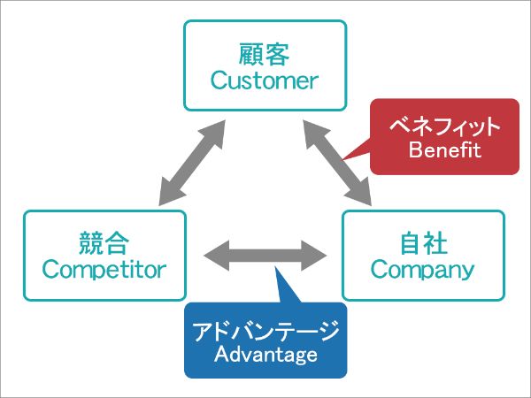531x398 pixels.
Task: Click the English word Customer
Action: tap(265, 80)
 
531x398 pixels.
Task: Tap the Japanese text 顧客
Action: tap(264, 54)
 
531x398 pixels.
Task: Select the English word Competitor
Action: tap(104, 270)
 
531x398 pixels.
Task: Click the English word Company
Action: tap(423, 270)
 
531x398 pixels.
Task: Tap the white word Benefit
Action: tap(445, 149)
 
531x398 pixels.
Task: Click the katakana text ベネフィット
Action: tap(444, 126)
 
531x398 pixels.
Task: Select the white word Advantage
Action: tap(265, 355)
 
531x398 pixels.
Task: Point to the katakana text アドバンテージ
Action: tap(265, 330)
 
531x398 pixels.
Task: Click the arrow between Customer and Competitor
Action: tap(192, 163)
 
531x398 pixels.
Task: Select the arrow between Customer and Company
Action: tap(337, 163)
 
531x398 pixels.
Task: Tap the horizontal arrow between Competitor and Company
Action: tap(265, 256)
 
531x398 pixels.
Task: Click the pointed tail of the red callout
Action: tap(344, 158)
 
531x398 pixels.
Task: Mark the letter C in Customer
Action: tap(219, 80)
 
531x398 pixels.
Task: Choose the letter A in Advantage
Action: tap(222, 354)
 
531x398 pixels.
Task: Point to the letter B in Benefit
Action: tap(415, 149)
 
